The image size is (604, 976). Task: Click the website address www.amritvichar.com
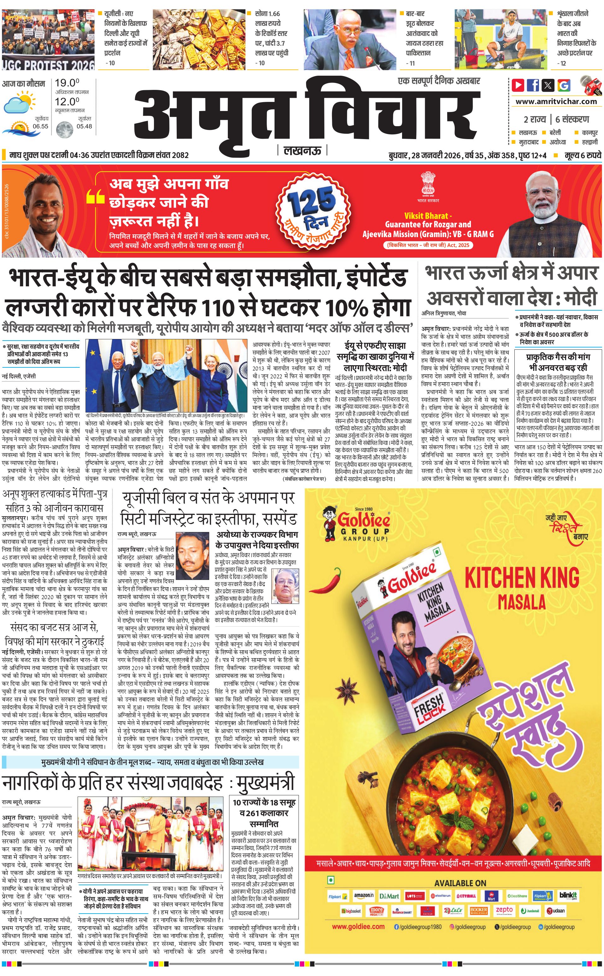pos(556,102)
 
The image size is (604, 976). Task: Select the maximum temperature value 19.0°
pos(67,83)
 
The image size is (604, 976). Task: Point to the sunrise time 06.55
pos(40,126)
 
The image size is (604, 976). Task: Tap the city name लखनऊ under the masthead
pos(302,150)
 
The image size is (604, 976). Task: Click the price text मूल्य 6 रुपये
pos(583,155)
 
